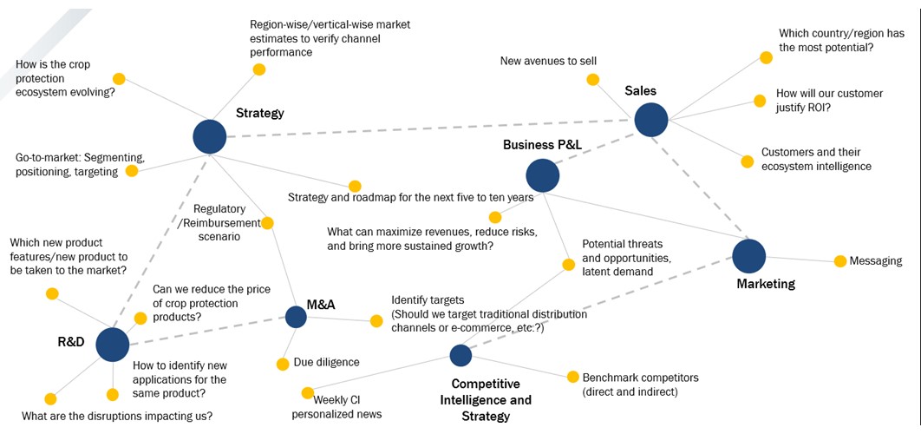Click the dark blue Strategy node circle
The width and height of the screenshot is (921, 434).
[x=209, y=136]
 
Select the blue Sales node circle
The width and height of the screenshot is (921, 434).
[x=650, y=120]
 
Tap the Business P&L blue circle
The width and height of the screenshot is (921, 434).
[x=543, y=175]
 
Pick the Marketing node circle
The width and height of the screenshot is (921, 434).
[x=749, y=255]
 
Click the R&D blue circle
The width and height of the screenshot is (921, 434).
[x=112, y=344]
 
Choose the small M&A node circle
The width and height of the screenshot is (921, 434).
[x=296, y=317]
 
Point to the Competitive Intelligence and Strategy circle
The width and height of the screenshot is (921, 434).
[x=460, y=354]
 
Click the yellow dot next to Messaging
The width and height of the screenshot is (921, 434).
[x=839, y=260]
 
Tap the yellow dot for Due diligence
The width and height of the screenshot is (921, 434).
[x=282, y=364]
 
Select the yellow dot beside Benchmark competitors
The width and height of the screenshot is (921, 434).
[x=572, y=377]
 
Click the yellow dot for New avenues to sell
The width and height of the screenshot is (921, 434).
[x=592, y=79]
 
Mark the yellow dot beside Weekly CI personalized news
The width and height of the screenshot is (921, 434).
[x=307, y=392]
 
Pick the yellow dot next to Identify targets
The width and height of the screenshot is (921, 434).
[x=376, y=321]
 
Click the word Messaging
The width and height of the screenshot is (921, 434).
[x=876, y=260]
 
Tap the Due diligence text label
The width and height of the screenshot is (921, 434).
[x=326, y=362]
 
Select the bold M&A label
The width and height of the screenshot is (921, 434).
[x=321, y=304]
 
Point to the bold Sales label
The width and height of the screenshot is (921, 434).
[x=640, y=91]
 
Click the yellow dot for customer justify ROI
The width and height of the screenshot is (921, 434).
[x=760, y=101]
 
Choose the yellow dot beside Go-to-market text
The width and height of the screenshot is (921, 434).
[x=132, y=171]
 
